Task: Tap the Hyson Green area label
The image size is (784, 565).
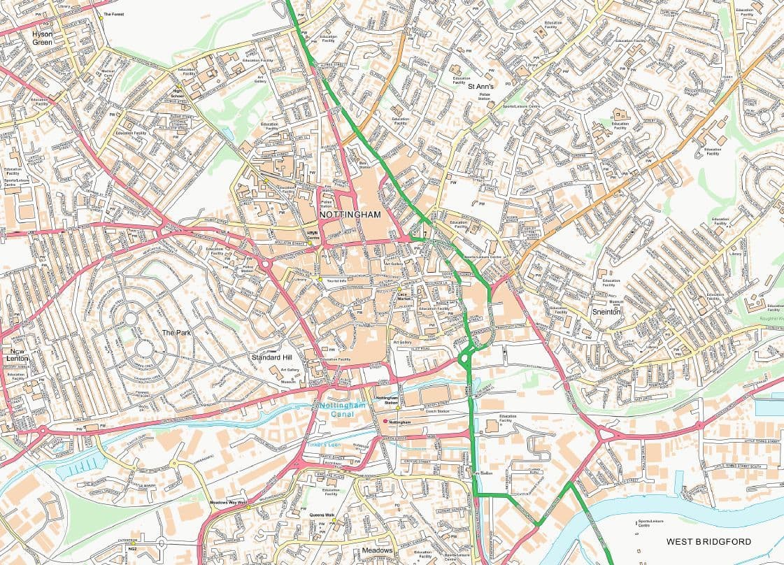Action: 42,37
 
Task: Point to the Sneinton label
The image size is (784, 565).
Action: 606,311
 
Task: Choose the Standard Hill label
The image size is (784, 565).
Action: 272,357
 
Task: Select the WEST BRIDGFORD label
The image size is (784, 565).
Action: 708,542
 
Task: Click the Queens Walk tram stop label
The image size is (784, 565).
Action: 322,515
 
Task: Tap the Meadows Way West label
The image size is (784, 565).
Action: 229,502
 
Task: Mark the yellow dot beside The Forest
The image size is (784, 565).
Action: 101,18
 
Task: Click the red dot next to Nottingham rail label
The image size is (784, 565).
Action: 385,422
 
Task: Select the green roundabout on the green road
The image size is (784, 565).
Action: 464,359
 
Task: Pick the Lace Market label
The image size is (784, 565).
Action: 402,296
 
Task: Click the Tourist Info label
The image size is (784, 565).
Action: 336,280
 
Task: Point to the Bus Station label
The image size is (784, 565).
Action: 364,165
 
